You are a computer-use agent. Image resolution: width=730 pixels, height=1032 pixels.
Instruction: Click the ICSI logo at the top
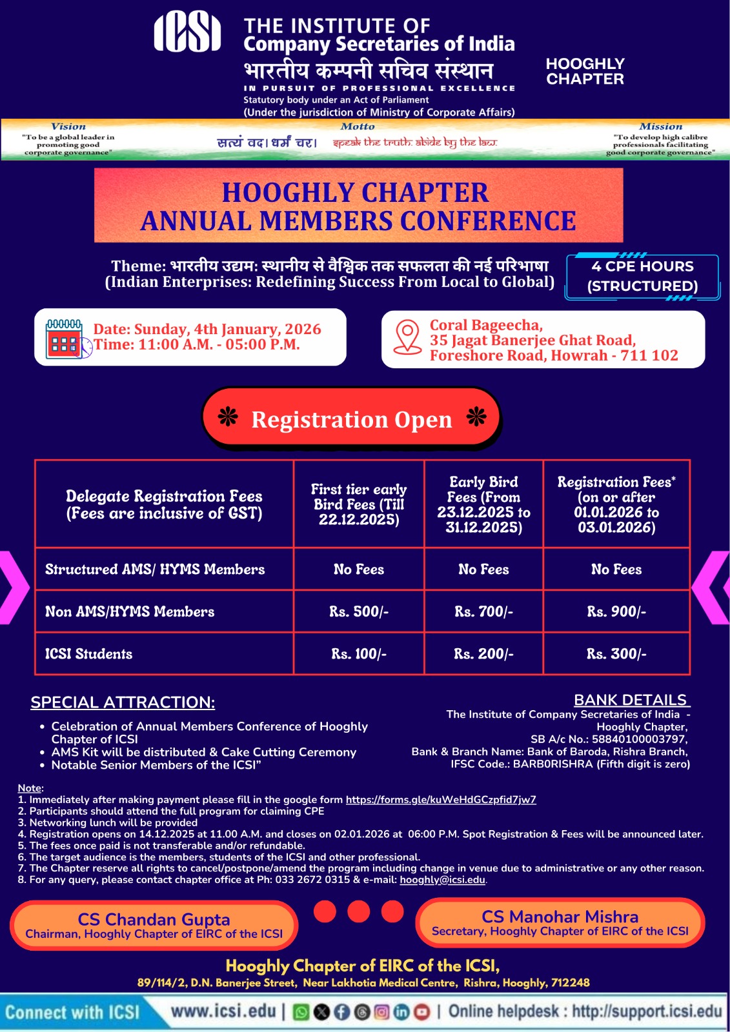point(187,32)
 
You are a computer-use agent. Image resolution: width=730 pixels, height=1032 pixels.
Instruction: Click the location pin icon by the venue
point(407,337)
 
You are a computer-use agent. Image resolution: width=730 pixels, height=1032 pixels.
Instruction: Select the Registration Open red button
point(352,419)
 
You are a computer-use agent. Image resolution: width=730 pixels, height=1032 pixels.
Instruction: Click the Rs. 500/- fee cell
point(359,611)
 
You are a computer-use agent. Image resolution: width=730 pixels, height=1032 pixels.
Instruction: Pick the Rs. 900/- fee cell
point(616,611)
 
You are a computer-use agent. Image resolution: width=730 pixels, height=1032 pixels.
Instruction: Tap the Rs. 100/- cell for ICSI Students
point(359,654)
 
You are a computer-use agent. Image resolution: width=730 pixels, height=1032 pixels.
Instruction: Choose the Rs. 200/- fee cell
point(483,654)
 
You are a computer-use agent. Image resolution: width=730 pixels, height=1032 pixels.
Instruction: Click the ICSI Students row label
point(88,654)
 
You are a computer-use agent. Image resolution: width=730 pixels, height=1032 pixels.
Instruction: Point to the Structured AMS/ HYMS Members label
point(155,570)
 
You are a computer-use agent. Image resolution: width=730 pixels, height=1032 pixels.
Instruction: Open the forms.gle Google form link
point(441,800)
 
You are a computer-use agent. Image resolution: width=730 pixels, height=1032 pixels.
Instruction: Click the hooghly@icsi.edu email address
point(442,880)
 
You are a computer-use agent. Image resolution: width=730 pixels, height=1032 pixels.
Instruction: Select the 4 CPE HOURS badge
point(642,276)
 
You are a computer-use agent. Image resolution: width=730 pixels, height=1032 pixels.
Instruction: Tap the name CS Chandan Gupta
point(154,919)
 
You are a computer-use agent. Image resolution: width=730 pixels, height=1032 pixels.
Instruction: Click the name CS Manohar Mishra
point(560,917)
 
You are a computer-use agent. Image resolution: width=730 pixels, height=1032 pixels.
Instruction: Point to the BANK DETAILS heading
point(631,700)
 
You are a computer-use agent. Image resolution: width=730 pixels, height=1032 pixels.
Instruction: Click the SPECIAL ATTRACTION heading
point(123,702)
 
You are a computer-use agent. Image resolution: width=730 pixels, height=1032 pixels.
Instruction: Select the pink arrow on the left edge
point(13,587)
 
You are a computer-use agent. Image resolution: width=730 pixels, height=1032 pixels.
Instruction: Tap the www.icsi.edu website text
point(223,1011)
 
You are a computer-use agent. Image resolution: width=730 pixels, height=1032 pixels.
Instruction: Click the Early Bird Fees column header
point(483,504)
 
